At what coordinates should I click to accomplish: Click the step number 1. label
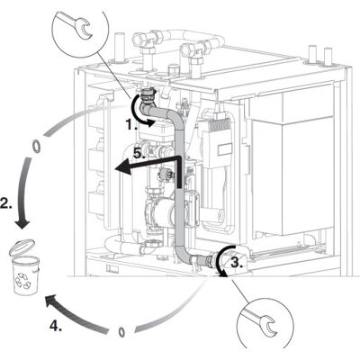(x=131, y=124)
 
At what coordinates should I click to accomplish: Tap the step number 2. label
(x=6, y=203)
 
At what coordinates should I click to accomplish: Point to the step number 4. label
(x=56, y=326)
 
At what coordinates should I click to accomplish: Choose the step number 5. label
(x=139, y=154)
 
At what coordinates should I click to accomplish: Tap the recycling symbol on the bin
(x=23, y=279)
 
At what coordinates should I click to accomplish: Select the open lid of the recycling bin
(x=22, y=245)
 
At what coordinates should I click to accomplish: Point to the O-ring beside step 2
(x=36, y=147)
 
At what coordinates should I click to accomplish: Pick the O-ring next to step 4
(x=121, y=332)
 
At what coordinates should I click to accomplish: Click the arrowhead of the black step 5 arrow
(x=122, y=168)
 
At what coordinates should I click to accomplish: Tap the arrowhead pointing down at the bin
(x=22, y=224)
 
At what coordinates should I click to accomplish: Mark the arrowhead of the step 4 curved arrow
(x=51, y=301)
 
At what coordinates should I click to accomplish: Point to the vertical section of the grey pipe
(x=179, y=186)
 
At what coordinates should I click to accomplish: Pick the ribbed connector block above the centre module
(x=221, y=125)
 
